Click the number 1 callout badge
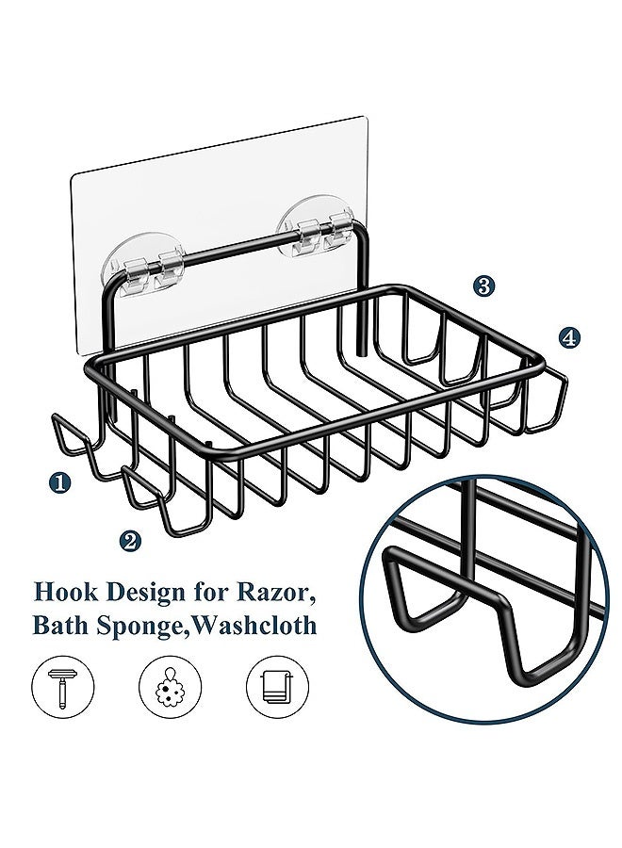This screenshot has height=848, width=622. pyautogui.click(x=59, y=481)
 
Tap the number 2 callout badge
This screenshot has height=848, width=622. pyautogui.click(x=129, y=540)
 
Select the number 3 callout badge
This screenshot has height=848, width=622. pyautogui.click(x=483, y=285)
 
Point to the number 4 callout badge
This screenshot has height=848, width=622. pyautogui.click(x=568, y=338)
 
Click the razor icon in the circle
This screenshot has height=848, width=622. pyautogui.click(x=62, y=688)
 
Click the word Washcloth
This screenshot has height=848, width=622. pyautogui.click(x=254, y=626)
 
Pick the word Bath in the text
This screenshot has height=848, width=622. pyautogui.click(x=61, y=626)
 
